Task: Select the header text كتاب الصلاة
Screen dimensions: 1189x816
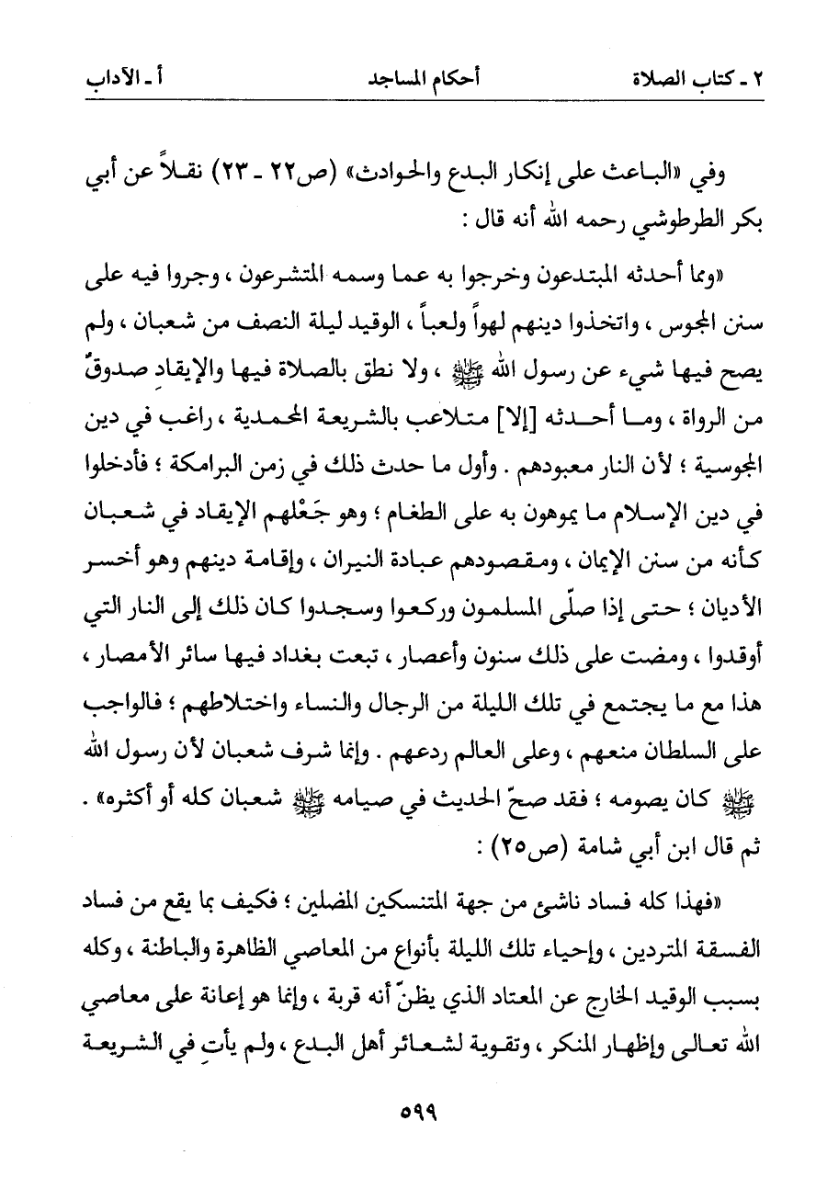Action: point(708,78)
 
